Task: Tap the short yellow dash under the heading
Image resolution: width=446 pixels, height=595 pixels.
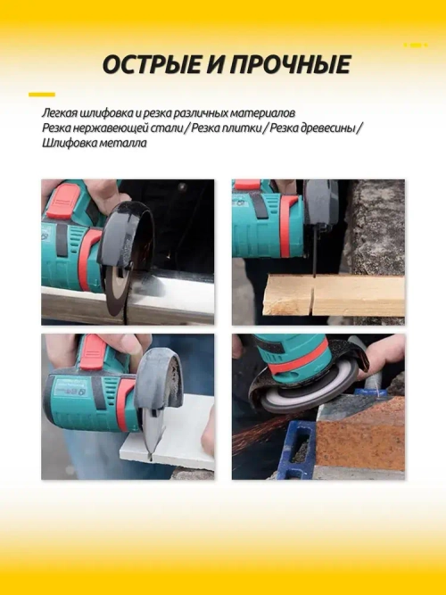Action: [41, 94]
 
